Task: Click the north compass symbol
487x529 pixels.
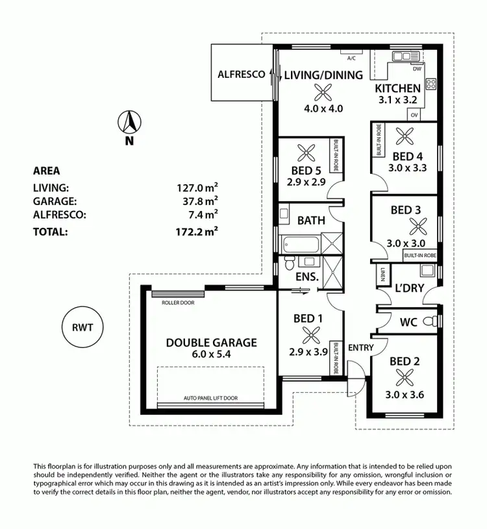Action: pos(129,123)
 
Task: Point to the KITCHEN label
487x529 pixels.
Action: pos(398,88)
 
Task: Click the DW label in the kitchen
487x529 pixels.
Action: pos(418,68)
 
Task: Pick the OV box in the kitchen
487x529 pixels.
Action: pos(414,115)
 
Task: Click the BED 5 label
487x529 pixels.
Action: pos(305,172)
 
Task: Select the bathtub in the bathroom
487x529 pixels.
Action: pos(303,245)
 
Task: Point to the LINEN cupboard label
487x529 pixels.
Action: pos(383,275)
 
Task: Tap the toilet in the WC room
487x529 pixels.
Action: pos(427,321)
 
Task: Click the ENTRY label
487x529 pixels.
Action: pos(361,348)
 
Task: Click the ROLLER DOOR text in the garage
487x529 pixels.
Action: pos(178,302)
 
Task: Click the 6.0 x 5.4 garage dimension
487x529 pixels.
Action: pos(211,356)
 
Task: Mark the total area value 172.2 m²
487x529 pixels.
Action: pos(197,230)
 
